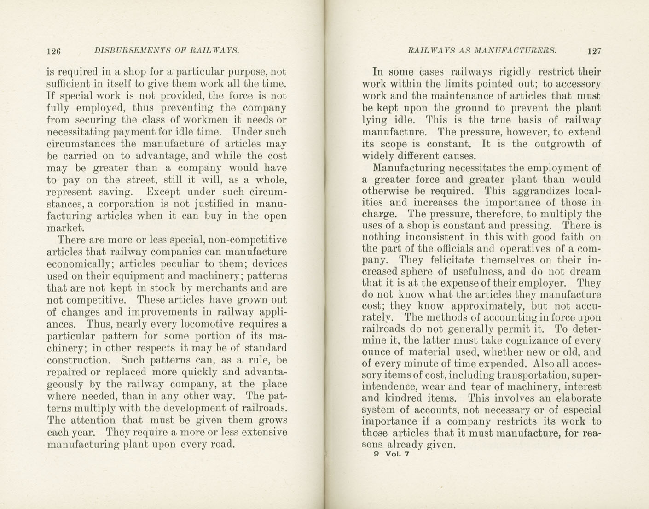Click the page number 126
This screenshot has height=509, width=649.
(54, 51)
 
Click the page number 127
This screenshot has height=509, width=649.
(594, 51)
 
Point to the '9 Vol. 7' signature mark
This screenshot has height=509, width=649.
(392, 454)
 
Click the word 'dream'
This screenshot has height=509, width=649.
(587, 272)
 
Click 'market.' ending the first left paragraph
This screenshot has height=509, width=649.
(65, 228)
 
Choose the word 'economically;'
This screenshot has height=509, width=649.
(76, 264)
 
